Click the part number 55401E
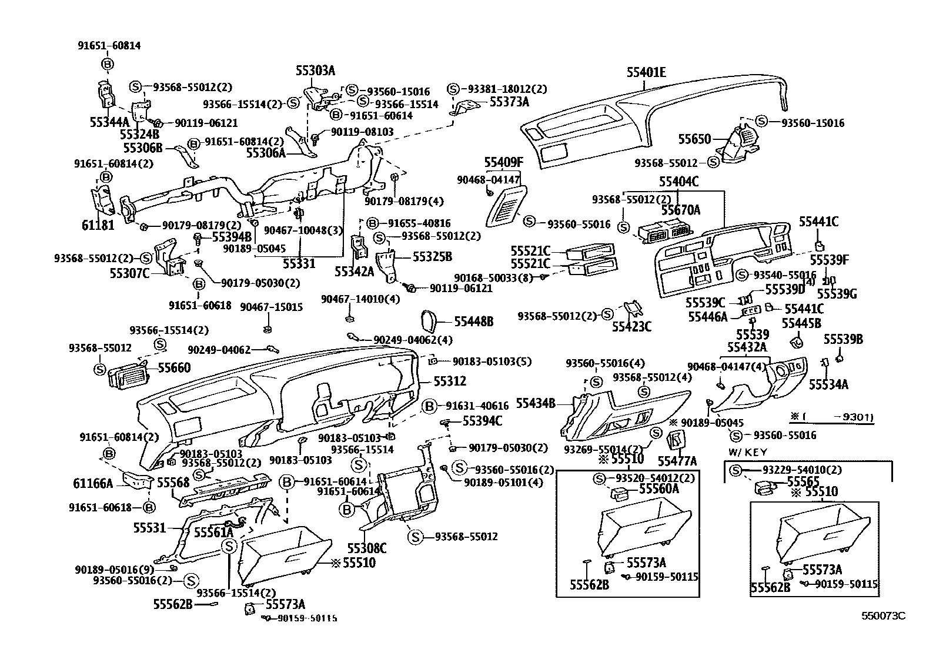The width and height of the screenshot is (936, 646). tap(646, 73)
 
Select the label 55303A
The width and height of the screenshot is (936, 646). tap(315, 71)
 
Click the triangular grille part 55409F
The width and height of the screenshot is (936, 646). tap(504, 205)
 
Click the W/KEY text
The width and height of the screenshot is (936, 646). tap(748, 452)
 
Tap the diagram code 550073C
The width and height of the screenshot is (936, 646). tap(883, 615)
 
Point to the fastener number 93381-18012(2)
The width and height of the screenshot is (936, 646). tap(507, 89)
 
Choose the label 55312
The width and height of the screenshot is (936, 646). tap(450, 381)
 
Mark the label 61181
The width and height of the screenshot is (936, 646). tap(98, 225)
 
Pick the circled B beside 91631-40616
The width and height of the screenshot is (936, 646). tap(430, 406)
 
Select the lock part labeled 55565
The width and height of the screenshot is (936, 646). tap(764, 487)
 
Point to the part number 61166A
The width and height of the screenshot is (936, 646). tap(93, 484)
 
